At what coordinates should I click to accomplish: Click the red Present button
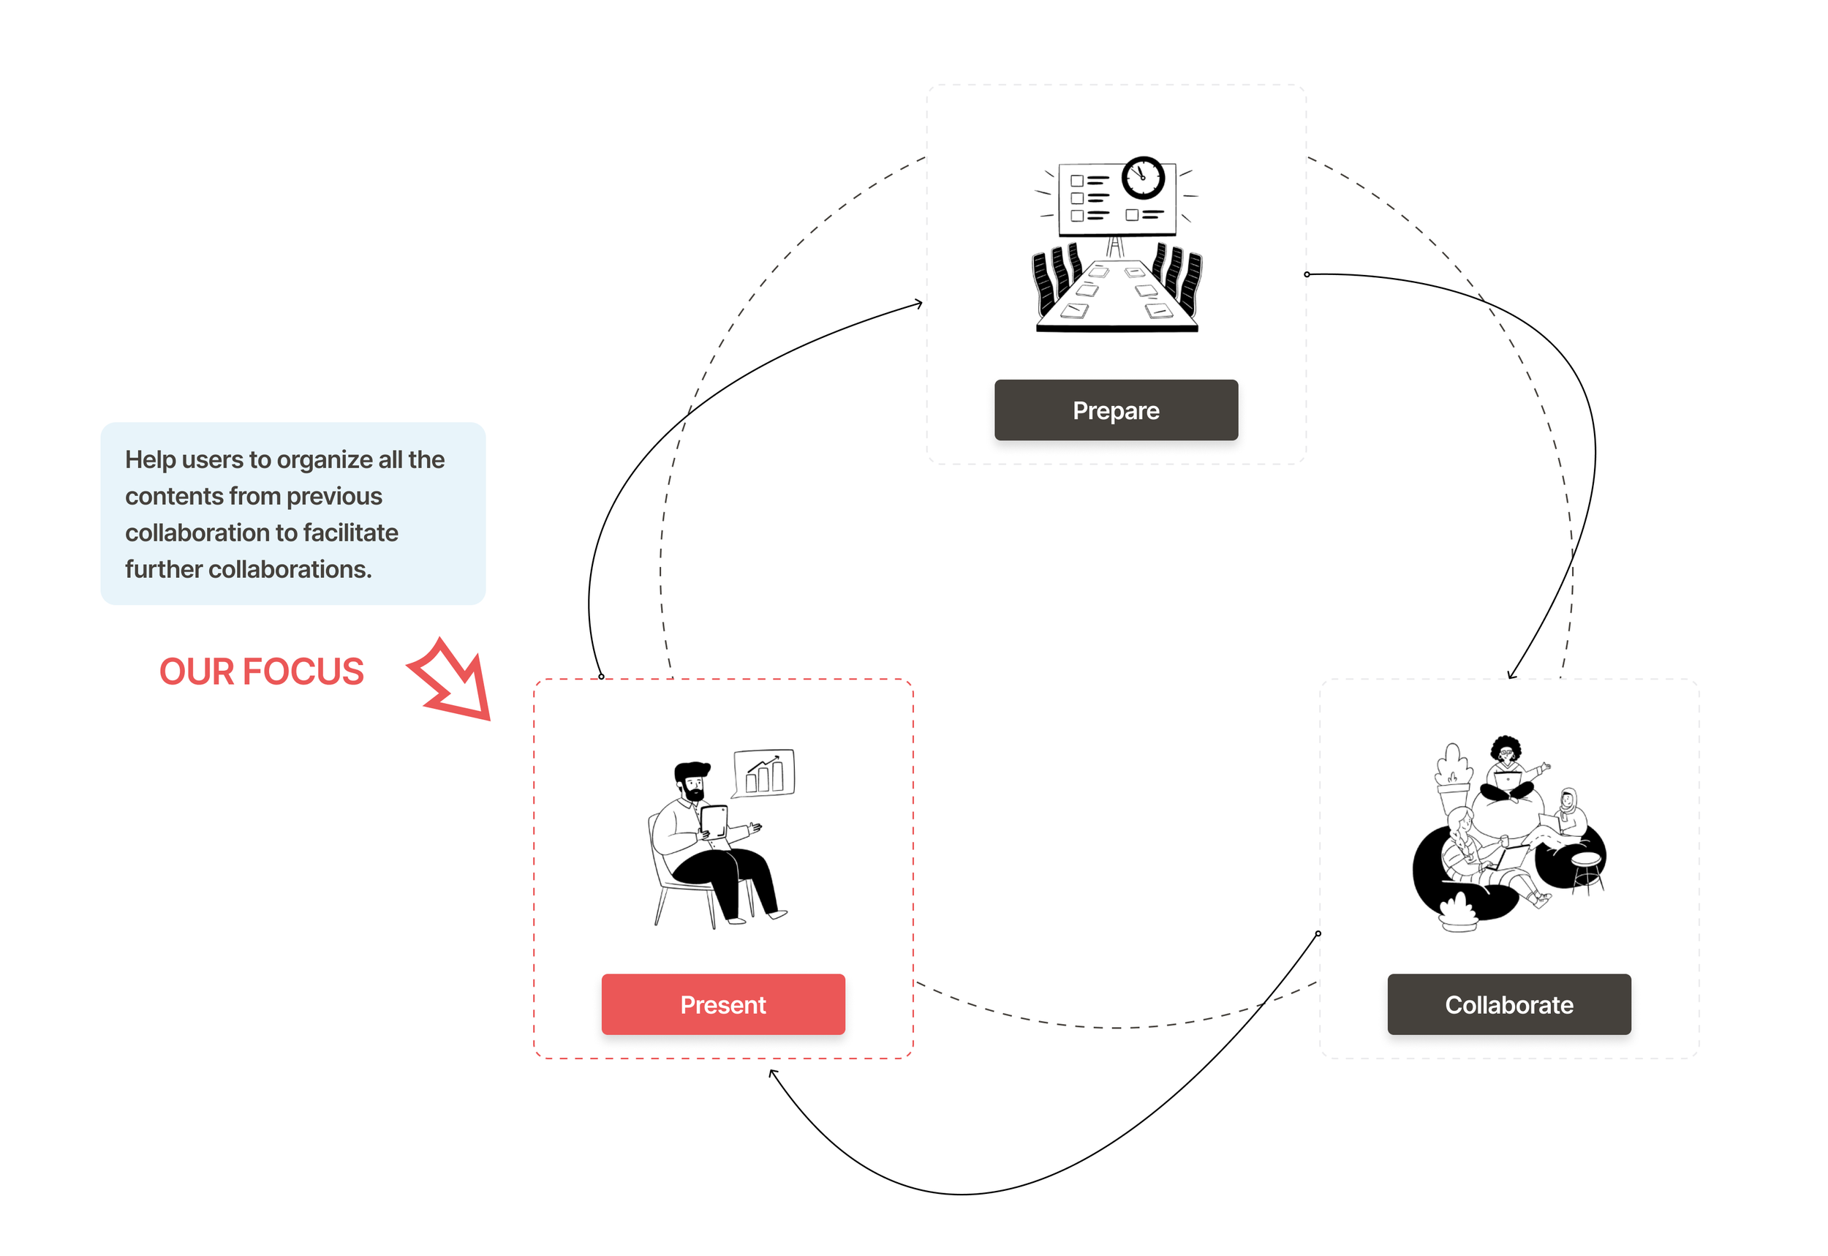[723, 1004]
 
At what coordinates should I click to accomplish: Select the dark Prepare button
[1115, 410]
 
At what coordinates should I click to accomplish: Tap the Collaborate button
[1508, 1004]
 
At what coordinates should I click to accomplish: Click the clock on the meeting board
[1142, 177]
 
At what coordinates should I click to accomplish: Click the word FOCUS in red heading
[303, 672]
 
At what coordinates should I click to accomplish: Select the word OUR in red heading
[196, 672]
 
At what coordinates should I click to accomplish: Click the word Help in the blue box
[149, 459]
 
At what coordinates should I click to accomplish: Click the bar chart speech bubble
[764, 772]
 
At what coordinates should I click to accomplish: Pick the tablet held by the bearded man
[714, 821]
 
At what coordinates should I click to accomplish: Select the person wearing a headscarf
[1568, 811]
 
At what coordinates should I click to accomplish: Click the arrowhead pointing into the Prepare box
[918, 304]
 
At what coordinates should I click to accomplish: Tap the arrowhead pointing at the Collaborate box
[1511, 674]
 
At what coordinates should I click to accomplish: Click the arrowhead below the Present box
[773, 1073]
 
